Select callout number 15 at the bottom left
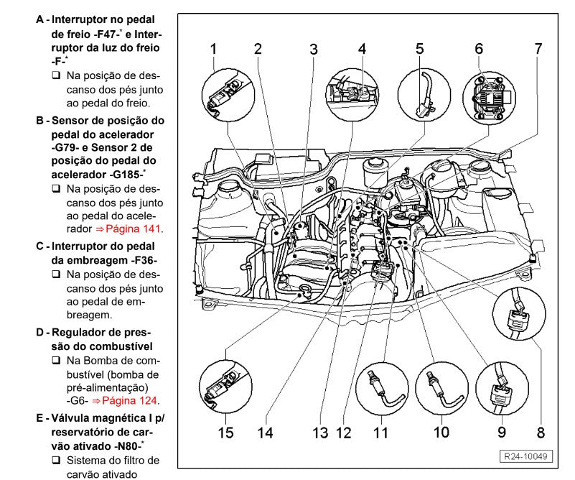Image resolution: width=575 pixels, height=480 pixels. pos(225,432)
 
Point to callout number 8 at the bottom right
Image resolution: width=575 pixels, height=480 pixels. pos(541,432)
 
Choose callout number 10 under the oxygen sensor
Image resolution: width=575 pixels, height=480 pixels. pos(441,432)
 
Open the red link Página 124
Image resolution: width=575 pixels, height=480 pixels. pos(131,401)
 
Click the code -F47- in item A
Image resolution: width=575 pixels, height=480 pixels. pos(112,34)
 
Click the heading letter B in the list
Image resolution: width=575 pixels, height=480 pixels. pos(40,120)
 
